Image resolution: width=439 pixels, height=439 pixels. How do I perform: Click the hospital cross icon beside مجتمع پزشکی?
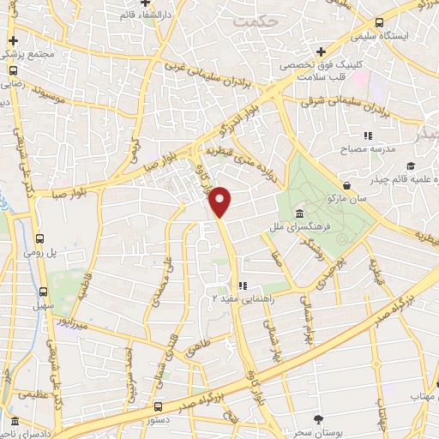[x=12, y=41]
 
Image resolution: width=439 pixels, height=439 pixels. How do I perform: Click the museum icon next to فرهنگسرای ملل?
[x=299, y=213]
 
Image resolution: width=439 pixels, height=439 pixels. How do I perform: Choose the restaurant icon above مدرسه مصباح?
[x=369, y=135]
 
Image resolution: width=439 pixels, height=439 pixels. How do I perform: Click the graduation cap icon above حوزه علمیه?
[x=411, y=165]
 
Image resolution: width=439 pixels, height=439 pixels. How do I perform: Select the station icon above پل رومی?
[x=40, y=239]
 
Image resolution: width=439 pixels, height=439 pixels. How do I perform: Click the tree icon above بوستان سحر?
[x=319, y=419]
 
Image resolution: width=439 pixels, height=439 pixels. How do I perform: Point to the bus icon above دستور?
[x=158, y=407]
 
